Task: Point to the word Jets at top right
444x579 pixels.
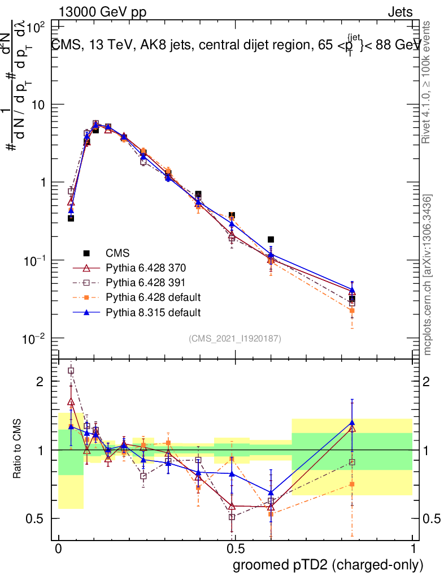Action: click(399, 12)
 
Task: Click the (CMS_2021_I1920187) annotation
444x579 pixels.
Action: click(235, 338)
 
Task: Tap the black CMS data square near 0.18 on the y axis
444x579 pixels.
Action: click(271, 240)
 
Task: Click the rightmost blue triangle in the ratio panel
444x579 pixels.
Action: click(352, 422)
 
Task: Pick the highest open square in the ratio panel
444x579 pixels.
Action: click(71, 371)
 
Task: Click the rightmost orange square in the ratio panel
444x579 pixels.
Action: click(352, 484)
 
